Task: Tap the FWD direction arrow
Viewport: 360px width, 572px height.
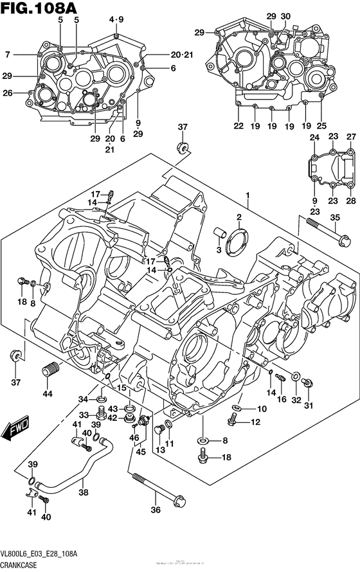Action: pyautogui.click(x=14, y=431)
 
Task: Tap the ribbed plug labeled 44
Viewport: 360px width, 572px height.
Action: pyautogui.click(x=49, y=371)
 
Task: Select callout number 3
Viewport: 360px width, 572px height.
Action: pyautogui.click(x=218, y=249)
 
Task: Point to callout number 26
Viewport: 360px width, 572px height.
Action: pyautogui.click(x=8, y=93)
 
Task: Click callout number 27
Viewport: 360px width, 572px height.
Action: pyautogui.click(x=351, y=137)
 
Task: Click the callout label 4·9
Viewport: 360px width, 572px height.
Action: pyautogui.click(x=116, y=19)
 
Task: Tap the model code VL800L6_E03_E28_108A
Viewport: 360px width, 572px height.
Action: pyautogui.click(x=40, y=553)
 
